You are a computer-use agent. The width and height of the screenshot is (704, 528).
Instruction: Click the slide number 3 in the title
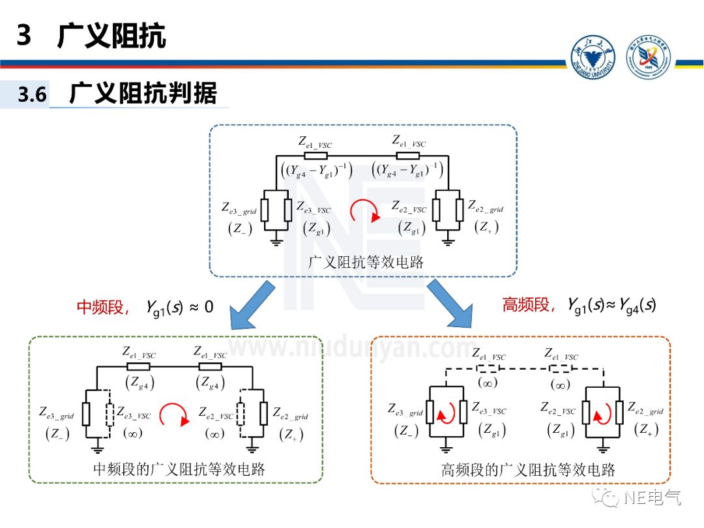point(24,35)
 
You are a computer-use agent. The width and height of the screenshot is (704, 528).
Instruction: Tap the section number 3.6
point(32,95)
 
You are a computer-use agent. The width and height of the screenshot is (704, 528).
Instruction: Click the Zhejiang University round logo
point(593,60)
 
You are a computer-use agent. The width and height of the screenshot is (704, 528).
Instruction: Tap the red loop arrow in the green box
point(175,415)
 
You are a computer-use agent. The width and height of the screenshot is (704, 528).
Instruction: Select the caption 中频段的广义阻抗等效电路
point(179,469)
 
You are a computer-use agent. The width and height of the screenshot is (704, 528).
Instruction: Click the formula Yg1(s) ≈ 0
point(179,307)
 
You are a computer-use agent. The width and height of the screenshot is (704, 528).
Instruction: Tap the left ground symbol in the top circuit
point(276,242)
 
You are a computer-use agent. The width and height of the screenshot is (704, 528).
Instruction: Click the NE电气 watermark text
point(652,499)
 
